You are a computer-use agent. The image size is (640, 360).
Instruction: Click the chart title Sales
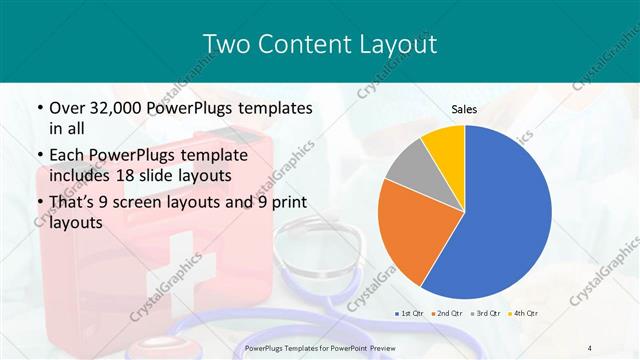pyautogui.click(x=465, y=108)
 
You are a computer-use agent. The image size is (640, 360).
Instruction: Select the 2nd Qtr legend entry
pyautogui.click(x=445, y=314)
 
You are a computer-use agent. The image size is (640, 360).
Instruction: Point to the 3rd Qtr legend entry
pyautogui.click(x=484, y=314)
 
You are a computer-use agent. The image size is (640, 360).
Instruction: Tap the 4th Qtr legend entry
pyautogui.click(x=523, y=314)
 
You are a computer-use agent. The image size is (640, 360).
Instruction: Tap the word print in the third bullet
pyautogui.click(x=286, y=203)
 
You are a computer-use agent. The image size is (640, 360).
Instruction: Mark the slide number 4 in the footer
pyautogui.click(x=590, y=347)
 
